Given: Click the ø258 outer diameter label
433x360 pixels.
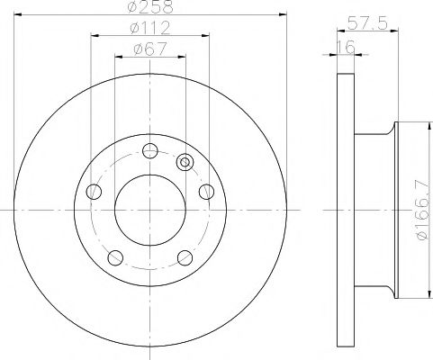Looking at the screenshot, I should point(149,8).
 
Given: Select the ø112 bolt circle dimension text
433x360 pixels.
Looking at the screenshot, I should point(149,29).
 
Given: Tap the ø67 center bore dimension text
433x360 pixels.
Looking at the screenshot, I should point(149,49).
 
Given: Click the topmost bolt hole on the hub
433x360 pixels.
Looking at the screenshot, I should point(149,150).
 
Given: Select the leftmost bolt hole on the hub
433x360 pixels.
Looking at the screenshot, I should point(93,191).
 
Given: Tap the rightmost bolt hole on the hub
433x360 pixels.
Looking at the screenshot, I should point(206,191).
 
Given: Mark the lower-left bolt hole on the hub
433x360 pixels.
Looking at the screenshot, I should point(114,257).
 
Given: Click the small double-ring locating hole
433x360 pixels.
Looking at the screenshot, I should point(185,162).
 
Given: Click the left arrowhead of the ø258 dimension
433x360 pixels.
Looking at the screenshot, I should point(18,17).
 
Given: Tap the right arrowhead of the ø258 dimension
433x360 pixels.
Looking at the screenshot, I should point(283,17).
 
